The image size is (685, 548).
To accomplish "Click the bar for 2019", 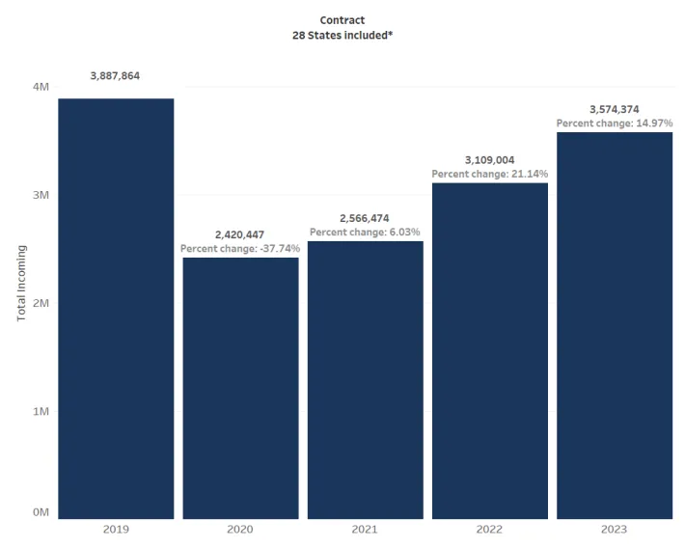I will tap(116, 309).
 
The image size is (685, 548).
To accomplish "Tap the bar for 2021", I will tap(365, 380).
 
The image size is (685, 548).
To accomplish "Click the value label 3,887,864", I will tap(116, 75).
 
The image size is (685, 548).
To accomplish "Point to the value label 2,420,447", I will tap(240, 234).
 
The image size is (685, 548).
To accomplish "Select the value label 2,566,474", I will tap(365, 218).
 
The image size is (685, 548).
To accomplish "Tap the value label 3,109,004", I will tap(489, 160).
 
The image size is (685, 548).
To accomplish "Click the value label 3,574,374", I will tap(615, 109).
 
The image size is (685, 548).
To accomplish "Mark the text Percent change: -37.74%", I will tap(240, 249).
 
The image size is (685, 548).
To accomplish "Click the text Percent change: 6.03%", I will tap(365, 233).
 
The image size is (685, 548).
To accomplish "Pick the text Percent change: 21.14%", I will tap(489, 175).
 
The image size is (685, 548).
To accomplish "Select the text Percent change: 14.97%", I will tap(615, 123).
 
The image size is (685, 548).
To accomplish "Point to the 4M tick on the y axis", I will tap(41, 87).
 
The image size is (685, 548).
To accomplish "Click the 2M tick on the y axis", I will tap(41, 303).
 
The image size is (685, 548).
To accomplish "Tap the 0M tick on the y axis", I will tap(41, 513).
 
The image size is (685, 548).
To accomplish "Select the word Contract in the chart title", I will tap(342, 20).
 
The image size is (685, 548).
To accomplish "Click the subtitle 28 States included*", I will tap(342, 35).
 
